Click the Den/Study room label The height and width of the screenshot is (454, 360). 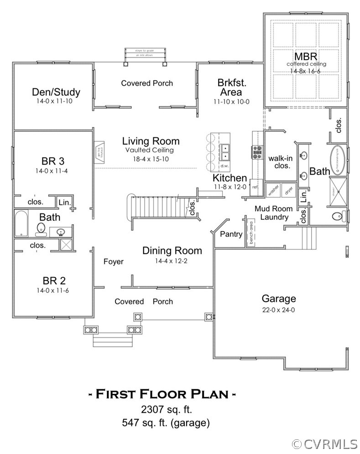tap(56, 92)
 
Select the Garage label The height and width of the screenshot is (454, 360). tap(278, 299)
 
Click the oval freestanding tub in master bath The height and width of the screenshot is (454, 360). tap(339, 161)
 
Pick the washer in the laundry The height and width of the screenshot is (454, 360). tap(273, 190)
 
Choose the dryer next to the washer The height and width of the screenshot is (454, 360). tap(288, 190)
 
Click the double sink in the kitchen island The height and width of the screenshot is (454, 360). tap(224, 150)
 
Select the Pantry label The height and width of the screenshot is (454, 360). tap(231, 234)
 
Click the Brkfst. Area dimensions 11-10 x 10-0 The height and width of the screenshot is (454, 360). tap(232, 102)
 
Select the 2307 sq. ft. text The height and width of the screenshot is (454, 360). tap(162, 409)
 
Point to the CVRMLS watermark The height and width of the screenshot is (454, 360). tap(324, 444)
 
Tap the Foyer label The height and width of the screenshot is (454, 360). tap(114, 261)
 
